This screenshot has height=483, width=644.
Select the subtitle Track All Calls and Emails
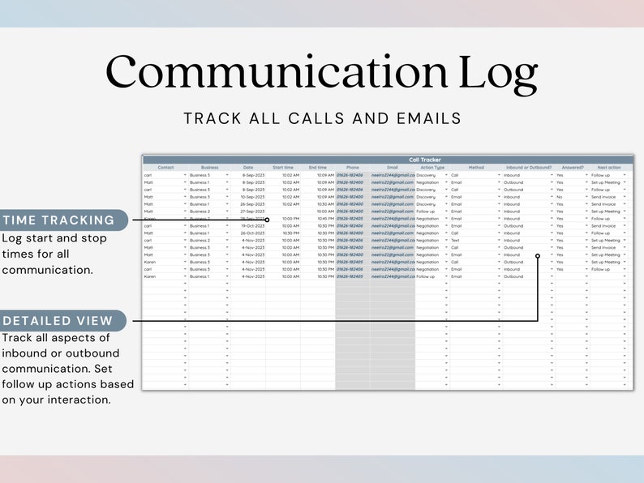[x=322, y=118]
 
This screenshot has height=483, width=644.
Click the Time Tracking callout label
[x=59, y=220]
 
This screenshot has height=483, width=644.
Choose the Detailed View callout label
[x=58, y=320]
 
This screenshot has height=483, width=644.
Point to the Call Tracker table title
[x=425, y=160]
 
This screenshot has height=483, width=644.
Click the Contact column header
[x=165, y=168]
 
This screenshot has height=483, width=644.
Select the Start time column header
[x=283, y=168]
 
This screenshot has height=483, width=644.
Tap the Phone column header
[x=353, y=168]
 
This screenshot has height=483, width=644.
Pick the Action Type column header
[x=432, y=168]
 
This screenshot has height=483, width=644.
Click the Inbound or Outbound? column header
[x=528, y=168]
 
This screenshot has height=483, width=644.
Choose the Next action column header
[x=609, y=168]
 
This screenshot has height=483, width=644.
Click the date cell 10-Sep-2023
[x=253, y=197]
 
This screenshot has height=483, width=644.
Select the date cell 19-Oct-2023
[x=253, y=226]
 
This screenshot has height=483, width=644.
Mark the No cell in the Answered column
[x=560, y=197]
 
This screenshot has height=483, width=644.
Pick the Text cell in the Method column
[x=455, y=241]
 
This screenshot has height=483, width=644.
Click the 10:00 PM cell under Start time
[x=290, y=219]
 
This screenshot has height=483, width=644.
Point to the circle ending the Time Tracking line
[x=267, y=220]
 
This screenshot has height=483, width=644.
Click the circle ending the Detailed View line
[x=537, y=255]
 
